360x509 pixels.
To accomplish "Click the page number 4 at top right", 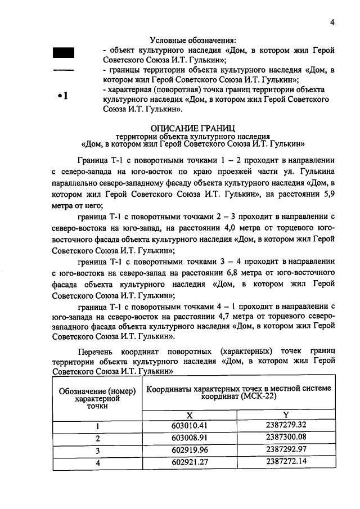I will click(x=332, y=22).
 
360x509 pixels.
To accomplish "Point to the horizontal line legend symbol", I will click(x=64, y=71).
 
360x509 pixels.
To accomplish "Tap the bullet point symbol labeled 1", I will click(x=64, y=96).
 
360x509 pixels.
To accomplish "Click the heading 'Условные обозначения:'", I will click(x=193, y=40).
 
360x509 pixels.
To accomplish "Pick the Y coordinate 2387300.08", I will click(x=285, y=438).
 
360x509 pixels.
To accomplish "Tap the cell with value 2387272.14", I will click(x=285, y=462).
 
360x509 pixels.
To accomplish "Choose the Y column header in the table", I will click(x=286, y=414).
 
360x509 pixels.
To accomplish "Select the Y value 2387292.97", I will click(x=285, y=450).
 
